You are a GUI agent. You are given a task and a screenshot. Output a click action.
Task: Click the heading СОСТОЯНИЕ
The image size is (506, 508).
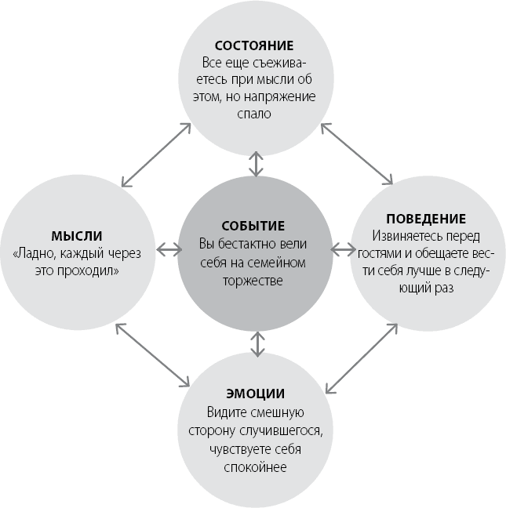coord(254,45)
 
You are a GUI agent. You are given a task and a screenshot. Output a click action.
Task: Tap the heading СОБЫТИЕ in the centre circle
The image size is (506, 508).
coord(253,226)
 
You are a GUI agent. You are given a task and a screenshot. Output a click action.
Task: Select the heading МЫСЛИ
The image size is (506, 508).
coord(77,236)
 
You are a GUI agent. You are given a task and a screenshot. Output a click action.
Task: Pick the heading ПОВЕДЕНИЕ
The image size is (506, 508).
coord(426,219)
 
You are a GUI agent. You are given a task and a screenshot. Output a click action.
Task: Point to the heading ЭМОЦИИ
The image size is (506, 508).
coord(256,394)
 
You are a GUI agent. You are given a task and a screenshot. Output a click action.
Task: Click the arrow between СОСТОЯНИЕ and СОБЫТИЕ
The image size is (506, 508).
coord(256,164)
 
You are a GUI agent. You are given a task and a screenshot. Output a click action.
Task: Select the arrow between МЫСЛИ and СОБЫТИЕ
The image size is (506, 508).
coord(169,250)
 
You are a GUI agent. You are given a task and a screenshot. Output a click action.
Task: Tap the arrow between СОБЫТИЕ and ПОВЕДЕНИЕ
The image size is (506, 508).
coord(343,249)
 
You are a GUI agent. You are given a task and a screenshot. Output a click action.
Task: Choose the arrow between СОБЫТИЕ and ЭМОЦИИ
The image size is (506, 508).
coord(257,344)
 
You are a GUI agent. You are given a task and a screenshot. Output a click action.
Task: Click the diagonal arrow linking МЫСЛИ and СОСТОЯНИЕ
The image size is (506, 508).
coord(156,155)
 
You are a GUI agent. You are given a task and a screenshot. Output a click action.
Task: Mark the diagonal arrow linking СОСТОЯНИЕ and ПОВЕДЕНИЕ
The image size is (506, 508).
coord(357,154)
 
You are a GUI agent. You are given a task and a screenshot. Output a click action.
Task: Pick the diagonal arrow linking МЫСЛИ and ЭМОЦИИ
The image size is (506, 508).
coord(153,355)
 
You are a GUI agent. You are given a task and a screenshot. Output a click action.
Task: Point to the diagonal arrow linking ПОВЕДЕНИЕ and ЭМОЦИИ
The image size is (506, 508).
coord(362,358)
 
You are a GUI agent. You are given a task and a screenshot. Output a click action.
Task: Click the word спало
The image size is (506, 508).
coord(254,114)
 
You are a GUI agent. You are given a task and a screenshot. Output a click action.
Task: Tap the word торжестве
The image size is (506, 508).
coord(253,281)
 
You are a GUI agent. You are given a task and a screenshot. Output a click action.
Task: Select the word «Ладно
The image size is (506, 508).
coord(31,254)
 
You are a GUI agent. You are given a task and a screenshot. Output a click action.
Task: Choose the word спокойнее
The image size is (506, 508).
coord(255,467)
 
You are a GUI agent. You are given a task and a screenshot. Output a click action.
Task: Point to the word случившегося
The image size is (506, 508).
coord(281,431)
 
